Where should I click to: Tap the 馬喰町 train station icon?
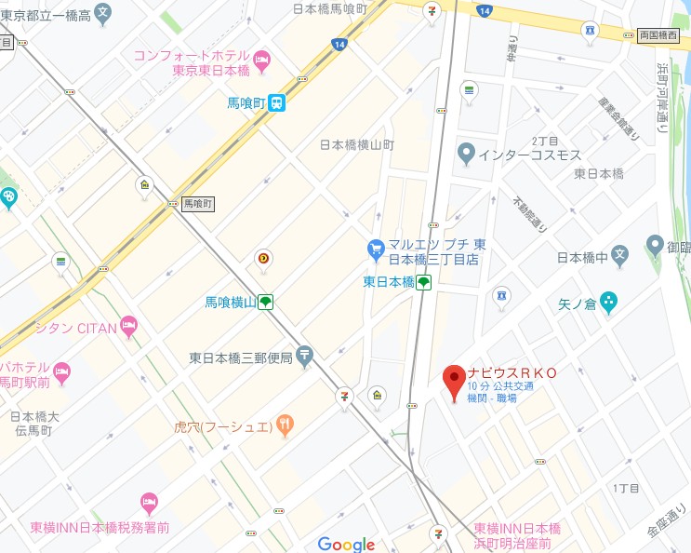coord(276,105)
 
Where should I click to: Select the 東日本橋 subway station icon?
coord(423,282)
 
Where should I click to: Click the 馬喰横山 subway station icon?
coord(265,302)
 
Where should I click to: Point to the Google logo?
coord(346,545)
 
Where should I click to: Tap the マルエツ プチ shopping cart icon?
coord(376,249)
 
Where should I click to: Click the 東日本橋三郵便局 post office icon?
coord(305,357)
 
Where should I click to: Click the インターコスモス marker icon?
coord(465,155)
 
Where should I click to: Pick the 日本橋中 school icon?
coord(623,251)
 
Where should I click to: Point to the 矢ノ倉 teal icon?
coord(608,301)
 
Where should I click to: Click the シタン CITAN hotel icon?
coord(128,327)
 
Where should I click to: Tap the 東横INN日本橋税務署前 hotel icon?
coord(149,504)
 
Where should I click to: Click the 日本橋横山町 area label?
coord(357,145)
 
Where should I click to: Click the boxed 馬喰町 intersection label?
coord(197,202)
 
